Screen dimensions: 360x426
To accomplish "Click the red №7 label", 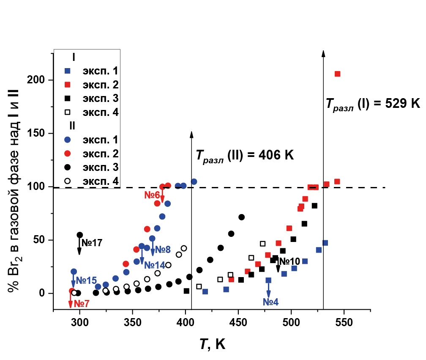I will click(81, 303).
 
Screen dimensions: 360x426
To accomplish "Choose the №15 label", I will click(86, 280).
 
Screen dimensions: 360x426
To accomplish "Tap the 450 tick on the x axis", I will click(238, 321).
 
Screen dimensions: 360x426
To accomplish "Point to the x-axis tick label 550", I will click(344, 321).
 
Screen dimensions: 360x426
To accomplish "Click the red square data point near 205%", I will click(337, 74).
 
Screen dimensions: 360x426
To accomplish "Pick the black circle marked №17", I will click(79, 235).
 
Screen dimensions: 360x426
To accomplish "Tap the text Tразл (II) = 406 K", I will click(244, 155).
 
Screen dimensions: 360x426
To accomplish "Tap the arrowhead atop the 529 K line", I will click(323, 53).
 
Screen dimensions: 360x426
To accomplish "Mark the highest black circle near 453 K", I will click(242, 217).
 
